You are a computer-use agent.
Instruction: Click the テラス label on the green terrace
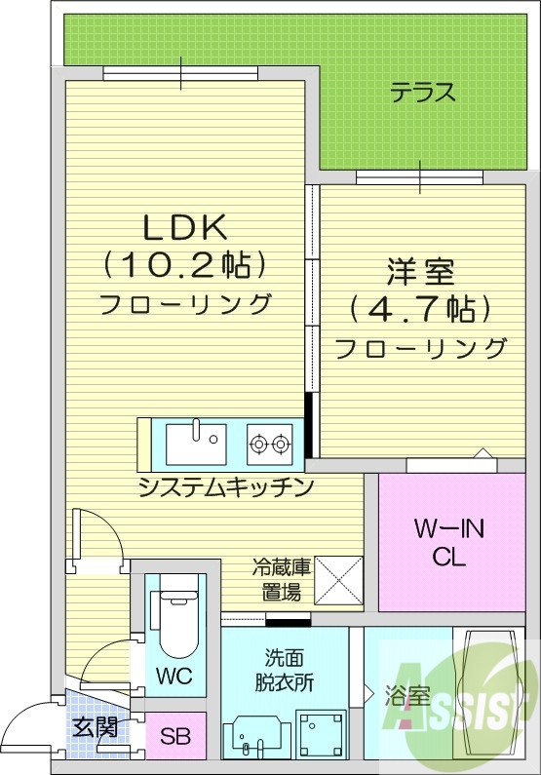pyautogui.click(x=423, y=94)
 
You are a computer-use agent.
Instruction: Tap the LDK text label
pyautogui.click(x=185, y=228)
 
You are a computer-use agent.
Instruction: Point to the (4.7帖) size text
pyautogui.click(x=421, y=309)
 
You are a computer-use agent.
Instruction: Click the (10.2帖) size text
pyautogui.click(x=185, y=264)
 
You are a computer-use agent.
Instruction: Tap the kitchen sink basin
pyautogui.click(x=196, y=444)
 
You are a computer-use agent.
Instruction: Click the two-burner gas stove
pyautogui.click(x=269, y=445)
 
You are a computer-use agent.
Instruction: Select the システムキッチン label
pyautogui.click(x=226, y=485)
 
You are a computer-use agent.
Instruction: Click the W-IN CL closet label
pyautogui.click(x=448, y=544)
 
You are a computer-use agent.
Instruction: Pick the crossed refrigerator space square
pyautogui.click(x=337, y=581)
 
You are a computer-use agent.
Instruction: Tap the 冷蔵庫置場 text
pyautogui.click(x=282, y=579)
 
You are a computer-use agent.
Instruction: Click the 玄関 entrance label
pyautogui.click(x=96, y=726)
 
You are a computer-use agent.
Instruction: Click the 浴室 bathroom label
pyautogui.click(x=407, y=697)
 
